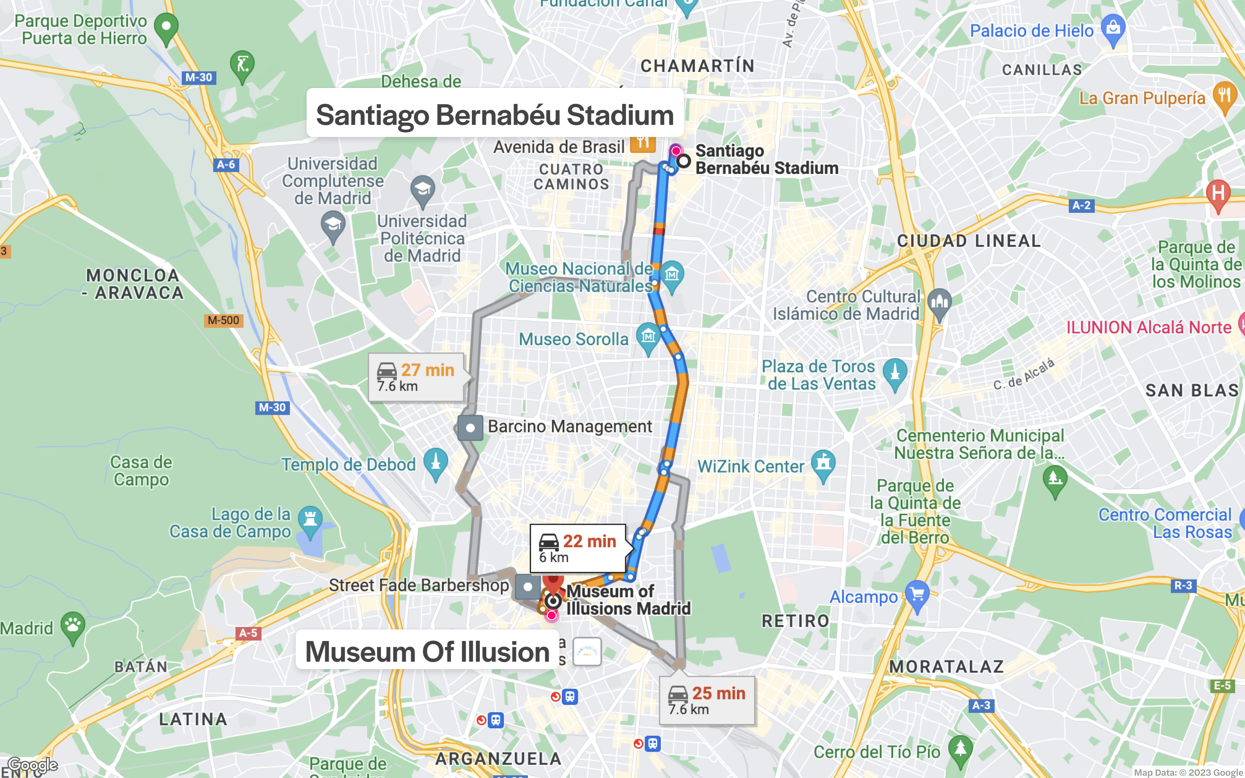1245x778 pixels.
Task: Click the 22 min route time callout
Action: tap(578, 548)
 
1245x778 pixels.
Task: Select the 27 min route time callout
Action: tap(416, 377)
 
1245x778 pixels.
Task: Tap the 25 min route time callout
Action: tap(707, 700)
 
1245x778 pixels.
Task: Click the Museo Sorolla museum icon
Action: tap(648, 337)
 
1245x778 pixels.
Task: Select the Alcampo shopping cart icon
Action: tap(917, 595)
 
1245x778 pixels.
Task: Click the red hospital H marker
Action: tap(1218, 194)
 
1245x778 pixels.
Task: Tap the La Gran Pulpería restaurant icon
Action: tap(1224, 96)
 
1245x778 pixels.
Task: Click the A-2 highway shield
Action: tap(1081, 205)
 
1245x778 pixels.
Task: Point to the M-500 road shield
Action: tap(223, 320)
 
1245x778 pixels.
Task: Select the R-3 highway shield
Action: tap(1183, 585)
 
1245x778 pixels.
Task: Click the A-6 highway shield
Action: tap(225, 165)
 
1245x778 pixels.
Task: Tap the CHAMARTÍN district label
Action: tap(697, 66)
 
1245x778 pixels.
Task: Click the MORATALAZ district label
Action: tap(947, 666)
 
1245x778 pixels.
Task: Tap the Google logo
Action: tap(32, 765)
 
